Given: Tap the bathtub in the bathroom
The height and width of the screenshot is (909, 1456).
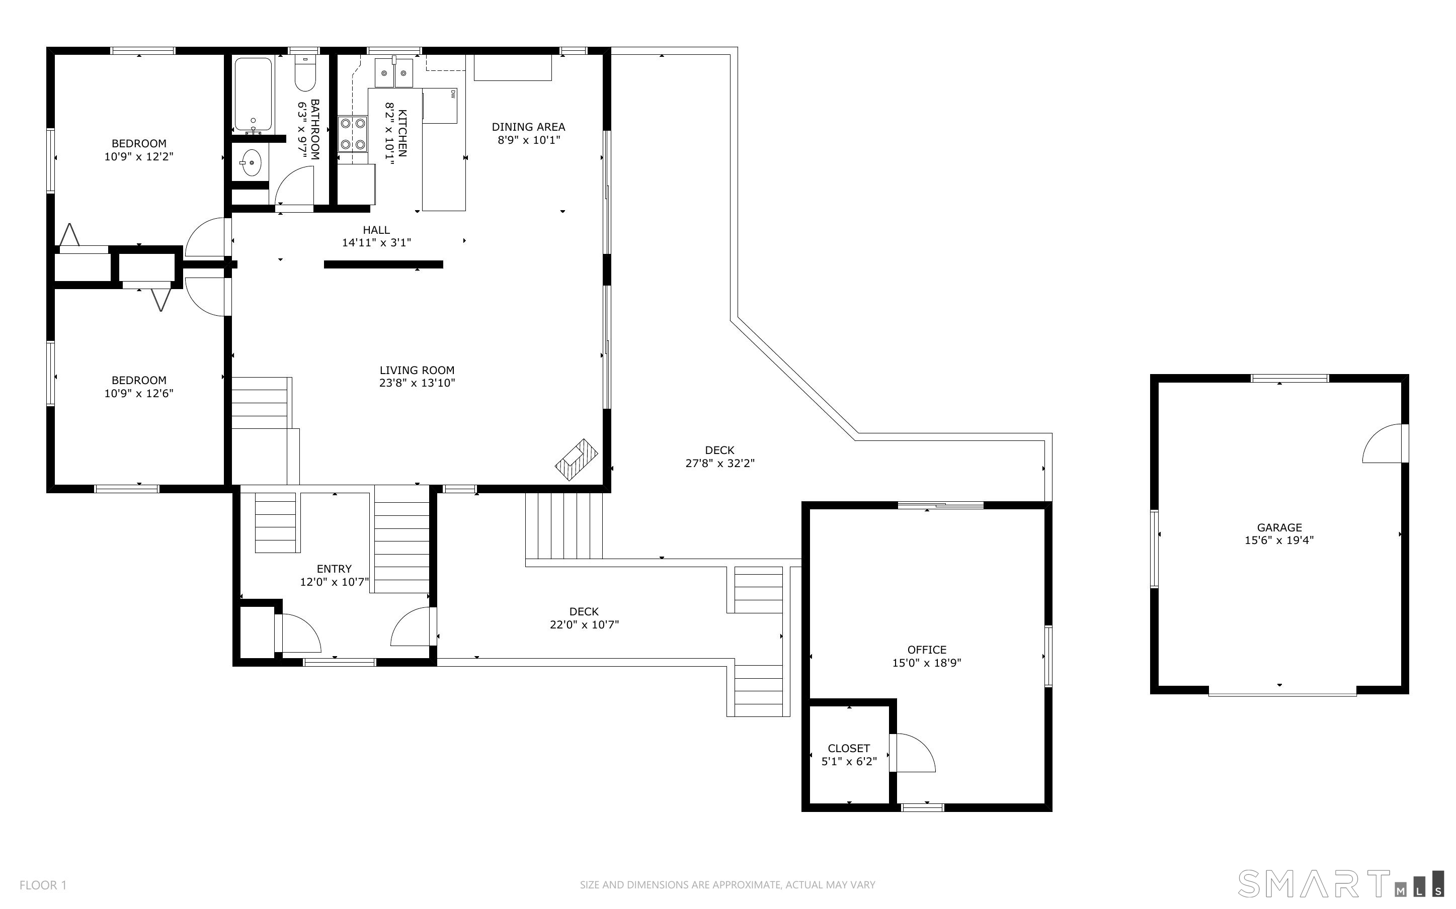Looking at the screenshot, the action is point(253,95).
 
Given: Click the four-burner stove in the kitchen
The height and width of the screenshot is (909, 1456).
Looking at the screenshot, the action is point(352,133).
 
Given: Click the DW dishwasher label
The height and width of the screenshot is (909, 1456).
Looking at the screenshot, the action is point(452,93).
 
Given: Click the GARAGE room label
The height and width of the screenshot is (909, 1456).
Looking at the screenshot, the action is point(1279,527).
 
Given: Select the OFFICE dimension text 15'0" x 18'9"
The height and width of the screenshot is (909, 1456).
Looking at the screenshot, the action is point(927,663).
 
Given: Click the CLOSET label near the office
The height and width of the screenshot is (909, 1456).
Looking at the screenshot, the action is point(849,749).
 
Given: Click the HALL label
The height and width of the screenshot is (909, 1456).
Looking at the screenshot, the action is point(376,230).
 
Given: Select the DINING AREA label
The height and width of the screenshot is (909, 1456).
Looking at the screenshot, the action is point(529,127).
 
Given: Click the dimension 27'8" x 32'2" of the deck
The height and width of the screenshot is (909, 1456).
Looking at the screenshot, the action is point(720,464).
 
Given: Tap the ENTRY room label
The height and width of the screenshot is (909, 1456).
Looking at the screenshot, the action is point(335,569).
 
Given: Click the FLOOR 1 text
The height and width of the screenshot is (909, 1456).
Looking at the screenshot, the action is point(43,885).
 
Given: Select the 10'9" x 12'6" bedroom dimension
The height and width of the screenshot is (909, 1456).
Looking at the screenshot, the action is point(139,394).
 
